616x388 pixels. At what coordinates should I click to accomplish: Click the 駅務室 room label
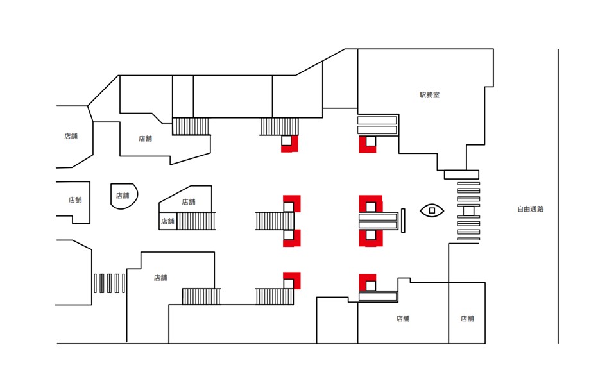[x=429, y=95]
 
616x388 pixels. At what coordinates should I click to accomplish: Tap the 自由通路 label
[x=530, y=209]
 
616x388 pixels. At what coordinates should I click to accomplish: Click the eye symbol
[x=432, y=210]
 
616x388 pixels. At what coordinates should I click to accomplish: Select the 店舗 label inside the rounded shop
[x=123, y=196]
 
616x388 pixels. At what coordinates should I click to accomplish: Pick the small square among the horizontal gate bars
[x=468, y=211]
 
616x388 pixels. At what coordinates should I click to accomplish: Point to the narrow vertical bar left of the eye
[x=404, y=221]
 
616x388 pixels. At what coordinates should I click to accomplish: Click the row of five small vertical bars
[x=109, y=283]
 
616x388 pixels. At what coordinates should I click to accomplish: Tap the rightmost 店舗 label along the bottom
[x=466, y=319]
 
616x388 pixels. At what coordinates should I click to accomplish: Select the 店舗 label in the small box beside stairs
[x=167, y=221]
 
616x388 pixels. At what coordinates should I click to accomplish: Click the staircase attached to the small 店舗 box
[x=196, y=221]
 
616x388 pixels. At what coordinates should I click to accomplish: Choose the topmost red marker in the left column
[x=289, y=144]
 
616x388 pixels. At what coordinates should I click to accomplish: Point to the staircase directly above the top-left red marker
[x=279, y=126]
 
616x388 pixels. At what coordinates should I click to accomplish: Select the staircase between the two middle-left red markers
[x=275, y=221]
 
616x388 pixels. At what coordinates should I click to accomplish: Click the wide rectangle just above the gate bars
[x=461, y=174]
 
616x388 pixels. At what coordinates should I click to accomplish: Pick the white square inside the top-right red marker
[x=370, y=141]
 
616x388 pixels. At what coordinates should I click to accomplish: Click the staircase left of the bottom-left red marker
[x=275, y=296]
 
